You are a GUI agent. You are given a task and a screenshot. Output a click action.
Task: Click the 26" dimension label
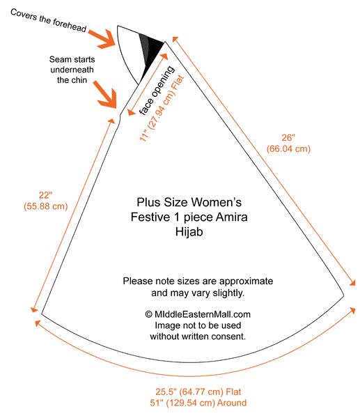288,137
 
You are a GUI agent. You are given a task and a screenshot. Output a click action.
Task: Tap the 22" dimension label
45,195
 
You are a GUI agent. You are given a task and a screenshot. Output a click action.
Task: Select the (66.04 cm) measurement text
288,149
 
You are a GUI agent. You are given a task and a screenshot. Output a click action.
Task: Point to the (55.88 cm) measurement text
45,206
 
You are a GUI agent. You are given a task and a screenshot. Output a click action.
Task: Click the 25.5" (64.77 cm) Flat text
198,392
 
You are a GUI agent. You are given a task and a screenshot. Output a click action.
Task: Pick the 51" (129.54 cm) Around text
198,403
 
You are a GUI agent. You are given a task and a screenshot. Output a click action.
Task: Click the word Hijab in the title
189,232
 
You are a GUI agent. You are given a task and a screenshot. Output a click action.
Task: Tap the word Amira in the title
232,217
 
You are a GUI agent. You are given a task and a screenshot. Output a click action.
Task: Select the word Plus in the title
149,202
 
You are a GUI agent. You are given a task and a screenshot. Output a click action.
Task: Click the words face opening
157,91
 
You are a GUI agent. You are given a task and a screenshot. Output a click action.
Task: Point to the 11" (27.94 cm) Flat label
162,109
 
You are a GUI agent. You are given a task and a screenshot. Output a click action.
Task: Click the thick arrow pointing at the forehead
102,39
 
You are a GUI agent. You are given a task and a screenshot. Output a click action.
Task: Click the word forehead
70,25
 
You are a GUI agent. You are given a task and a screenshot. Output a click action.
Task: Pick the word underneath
72,70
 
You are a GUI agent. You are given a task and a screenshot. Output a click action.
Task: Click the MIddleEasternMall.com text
203,314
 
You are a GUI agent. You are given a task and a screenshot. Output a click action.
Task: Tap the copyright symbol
148,314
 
